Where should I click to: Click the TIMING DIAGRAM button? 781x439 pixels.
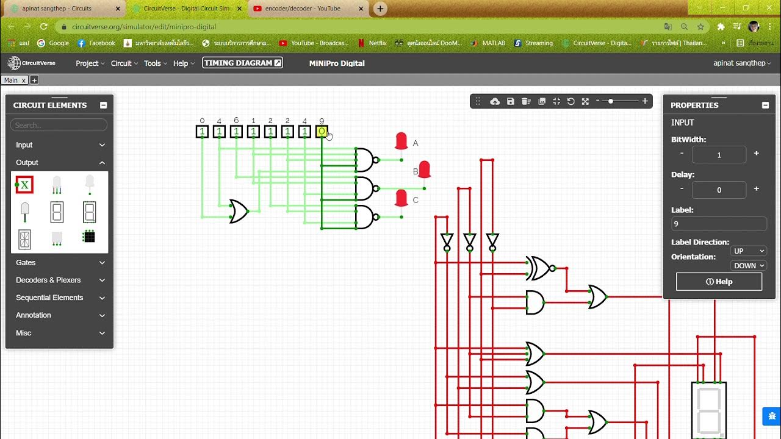click(x=243, y=63)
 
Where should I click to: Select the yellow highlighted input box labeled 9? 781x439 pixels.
click(x=322, y=132)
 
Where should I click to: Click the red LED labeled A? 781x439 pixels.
click(x=401, y=141)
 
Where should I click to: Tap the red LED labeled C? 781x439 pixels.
click(x=401, y=198)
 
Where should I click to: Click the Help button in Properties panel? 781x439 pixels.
click(x=719, y=282)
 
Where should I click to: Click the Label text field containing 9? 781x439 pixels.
click(x=719, y=224)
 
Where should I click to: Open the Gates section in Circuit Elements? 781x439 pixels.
click(x=60, y=263)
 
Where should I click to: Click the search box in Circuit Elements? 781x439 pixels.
click(x=59, y=125)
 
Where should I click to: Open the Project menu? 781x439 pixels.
click(x=90, y=63)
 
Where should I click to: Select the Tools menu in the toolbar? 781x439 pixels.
click(x=155, y=63)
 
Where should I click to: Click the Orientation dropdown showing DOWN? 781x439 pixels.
click(x=749, y=266)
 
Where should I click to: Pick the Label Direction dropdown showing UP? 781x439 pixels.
click(x=749, y=251)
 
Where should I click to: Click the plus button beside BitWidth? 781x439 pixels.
click(x=756, y=154)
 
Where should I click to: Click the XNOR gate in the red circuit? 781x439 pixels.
click(x=539, y=268)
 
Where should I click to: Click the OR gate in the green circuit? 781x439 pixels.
click(x=239, y=211)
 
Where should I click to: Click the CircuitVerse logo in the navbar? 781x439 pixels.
click(x=32, y=63)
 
